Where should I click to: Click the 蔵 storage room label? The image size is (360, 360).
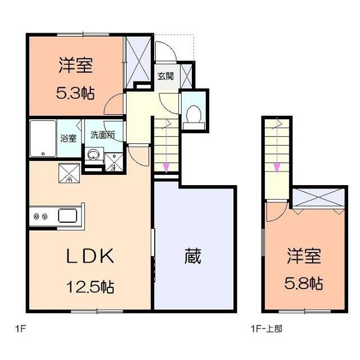(192, 257)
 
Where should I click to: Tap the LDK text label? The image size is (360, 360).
(91, 257)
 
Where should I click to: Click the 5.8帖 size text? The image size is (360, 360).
(305, 282)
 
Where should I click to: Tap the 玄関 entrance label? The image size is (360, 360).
(165, 76)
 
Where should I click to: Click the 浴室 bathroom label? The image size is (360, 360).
(69, 138)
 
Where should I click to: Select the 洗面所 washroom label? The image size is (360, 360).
(103, 135)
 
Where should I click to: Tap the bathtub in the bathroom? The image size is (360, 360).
(43, 138)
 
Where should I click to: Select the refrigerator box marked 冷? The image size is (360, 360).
(69, 172)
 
